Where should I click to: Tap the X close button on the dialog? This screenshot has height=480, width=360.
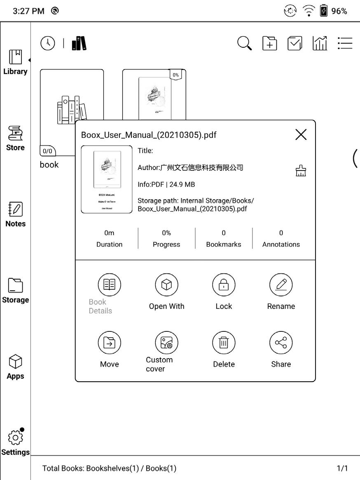[301, 134]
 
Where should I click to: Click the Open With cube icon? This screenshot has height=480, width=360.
[166, 285]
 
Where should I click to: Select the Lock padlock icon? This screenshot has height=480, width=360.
[224, 285]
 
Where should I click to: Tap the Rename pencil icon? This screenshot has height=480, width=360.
[281, 285]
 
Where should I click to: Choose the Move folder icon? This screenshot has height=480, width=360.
[109, 343]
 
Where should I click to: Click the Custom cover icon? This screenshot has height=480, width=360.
[166, 343]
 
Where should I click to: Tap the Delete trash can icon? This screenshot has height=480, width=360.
[224, 343]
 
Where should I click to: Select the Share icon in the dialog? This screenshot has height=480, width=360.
[281, 343]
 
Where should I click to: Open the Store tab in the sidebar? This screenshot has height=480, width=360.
[15, 138]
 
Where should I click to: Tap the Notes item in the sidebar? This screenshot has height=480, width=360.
[15, 214]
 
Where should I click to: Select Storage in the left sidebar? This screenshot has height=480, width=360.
[15, 291]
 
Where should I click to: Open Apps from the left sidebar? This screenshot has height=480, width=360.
[15, 367]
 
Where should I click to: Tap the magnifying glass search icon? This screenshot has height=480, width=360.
[245, 43]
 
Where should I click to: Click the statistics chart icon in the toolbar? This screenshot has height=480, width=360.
[320, 43]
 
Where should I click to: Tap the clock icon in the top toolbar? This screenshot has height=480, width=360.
[48, 43]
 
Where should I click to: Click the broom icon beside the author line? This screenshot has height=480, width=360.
[301, 170]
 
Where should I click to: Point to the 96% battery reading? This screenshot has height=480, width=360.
[339, 11]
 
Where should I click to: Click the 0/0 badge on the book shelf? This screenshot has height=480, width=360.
[48, 151]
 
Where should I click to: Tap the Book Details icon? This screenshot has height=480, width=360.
[109, 285]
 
